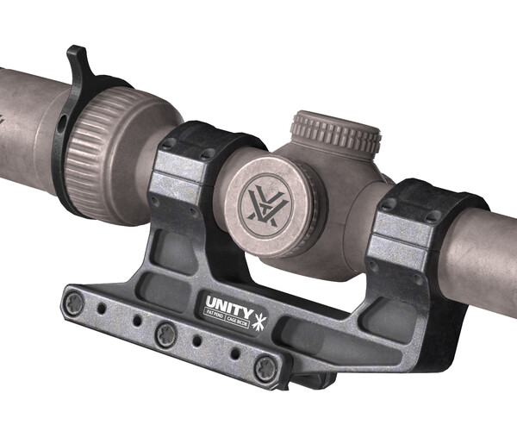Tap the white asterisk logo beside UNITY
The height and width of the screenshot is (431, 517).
[262, 306]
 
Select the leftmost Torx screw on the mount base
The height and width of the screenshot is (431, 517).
[75, 301]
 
